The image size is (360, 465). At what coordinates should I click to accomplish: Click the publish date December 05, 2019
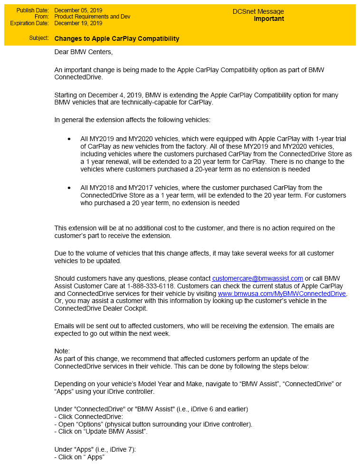coord(78,10)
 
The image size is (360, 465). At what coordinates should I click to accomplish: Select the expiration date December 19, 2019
coord(78,23)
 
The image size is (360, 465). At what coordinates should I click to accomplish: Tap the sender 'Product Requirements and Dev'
coord(92,17)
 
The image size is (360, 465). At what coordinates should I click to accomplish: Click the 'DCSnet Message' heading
coord(258,11)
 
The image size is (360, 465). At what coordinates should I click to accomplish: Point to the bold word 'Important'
coord(269,19)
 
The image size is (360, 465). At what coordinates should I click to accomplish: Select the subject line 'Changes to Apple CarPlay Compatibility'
coord(117,38)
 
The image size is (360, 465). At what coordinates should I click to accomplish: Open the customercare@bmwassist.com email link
coord(257,278)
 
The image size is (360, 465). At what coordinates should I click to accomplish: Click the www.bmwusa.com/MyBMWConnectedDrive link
coord(282,294)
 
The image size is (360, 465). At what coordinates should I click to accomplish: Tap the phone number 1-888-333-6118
coord(151,286)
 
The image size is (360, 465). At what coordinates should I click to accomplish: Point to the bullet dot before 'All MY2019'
coord(69,139)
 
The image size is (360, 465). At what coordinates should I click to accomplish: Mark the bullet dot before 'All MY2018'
coord(69,188)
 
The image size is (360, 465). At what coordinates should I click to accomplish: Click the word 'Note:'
coord(62,351)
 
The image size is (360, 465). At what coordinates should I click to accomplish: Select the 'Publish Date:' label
coord(32,10)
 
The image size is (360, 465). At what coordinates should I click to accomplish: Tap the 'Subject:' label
coord(38,38)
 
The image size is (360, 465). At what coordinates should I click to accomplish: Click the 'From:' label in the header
coord(42,17)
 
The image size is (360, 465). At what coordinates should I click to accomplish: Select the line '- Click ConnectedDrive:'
coord(89,417)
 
